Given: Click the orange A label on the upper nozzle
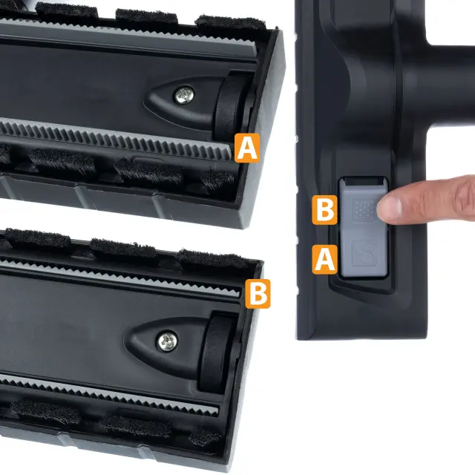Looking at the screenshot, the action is pos(247,148).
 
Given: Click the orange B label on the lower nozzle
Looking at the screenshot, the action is pos(258,294).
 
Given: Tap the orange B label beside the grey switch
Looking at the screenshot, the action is pos(325,210).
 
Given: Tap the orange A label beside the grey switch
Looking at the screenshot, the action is pos(325,259).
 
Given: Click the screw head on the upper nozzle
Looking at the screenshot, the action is pos(184,95).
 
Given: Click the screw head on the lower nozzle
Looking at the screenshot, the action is pos(167,341).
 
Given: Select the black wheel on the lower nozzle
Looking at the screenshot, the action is pos(216,351).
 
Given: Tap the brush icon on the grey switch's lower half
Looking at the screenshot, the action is pos(364,252).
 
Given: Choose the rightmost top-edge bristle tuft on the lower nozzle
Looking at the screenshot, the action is pos(212,258).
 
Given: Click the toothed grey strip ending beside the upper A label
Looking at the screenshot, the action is pos(115,139).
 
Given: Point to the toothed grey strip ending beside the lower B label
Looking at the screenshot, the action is pos(121,276).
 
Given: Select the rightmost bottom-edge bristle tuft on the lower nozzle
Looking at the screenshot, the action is pos(206,436).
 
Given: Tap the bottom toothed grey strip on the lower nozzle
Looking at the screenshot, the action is pos(109,394).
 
